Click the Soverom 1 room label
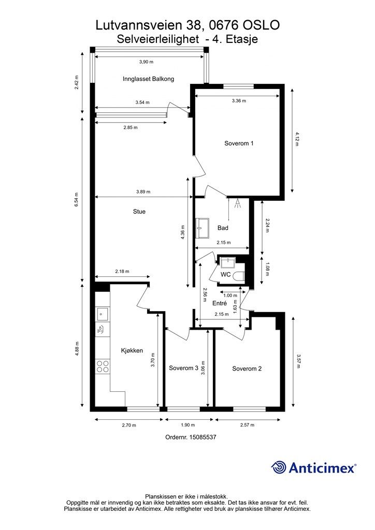tap(239, 143)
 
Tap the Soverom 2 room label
tap(247, 369)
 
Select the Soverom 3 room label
tap(183, 368)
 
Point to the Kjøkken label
tap(132, 350)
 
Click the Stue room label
tap(139, 212)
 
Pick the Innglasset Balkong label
tap(149, 79)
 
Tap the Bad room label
tap(223, 228)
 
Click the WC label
tap(225, 274)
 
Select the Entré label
tap(220, 303)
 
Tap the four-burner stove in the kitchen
tap(103, 366)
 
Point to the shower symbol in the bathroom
tap(238, 203)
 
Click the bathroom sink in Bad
tap(203, 228)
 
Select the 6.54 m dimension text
tap(77, 199)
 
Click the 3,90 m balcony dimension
tap(147, 62)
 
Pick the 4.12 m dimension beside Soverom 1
tap(297, 139)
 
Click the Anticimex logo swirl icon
tap(278, 467)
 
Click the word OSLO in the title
tap(262, 25)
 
